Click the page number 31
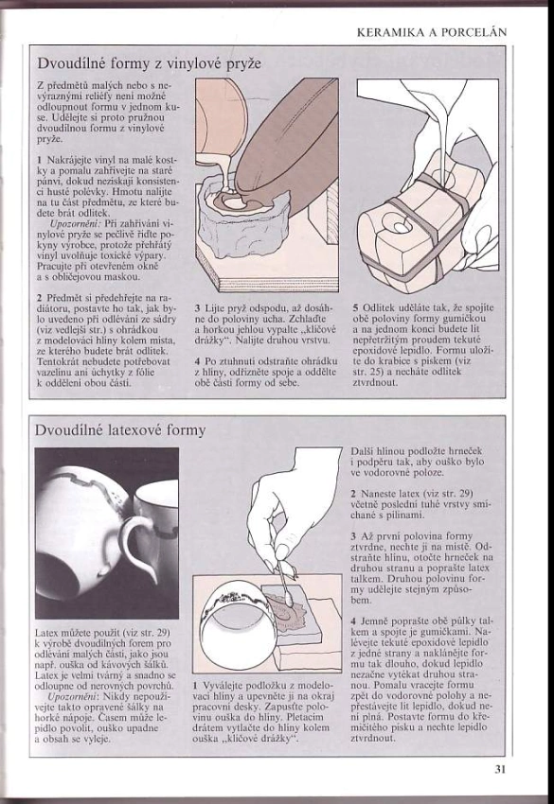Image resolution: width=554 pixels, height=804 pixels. click(x=500, y=769)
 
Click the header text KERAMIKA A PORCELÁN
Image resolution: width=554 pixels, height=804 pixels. click(x=432, y=32)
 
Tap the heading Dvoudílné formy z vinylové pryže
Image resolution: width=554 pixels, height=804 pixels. click(x=149, y=63)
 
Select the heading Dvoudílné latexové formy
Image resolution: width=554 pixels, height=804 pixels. click(x=120, y=429)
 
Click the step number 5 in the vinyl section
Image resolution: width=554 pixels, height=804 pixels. click(x=355, y=307)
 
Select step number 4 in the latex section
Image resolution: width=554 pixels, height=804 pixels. click(x=354, y=620)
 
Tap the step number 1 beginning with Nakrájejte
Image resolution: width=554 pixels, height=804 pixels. click(x=40, y=160)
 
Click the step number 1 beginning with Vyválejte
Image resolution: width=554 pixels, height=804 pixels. click(x=196, y=686)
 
